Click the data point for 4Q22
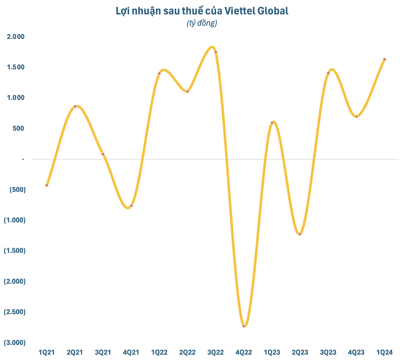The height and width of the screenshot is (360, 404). click(x=244, y=326)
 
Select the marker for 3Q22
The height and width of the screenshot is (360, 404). click(x=216, y=52)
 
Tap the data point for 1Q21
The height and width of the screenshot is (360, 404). click(x=47, y=185)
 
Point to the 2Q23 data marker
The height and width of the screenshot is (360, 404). click(x=300, y=234)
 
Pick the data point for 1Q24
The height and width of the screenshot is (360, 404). click(x=385, y=59)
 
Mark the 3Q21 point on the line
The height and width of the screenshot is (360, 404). click(x=103, y=154)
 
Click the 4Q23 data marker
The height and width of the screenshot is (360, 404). click(x=357, y=117)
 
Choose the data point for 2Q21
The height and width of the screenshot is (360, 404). click(x=75, y=106)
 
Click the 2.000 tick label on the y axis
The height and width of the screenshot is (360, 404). click(x=16, y=37)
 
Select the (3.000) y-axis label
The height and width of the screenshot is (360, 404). click(x=15, y=342)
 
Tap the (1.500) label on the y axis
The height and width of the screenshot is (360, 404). click(x=15, y=251)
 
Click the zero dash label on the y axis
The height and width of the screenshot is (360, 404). click(x=23, y=159)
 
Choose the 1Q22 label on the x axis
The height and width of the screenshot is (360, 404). click(x=159, y=352)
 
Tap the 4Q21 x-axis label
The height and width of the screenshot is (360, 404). click(x=131, y=352)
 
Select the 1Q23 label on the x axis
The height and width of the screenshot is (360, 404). click(x=272, y=352)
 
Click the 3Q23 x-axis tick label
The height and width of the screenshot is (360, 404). click(x=328, y=352)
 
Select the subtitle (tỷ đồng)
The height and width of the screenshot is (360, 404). click(x=202, y=23)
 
